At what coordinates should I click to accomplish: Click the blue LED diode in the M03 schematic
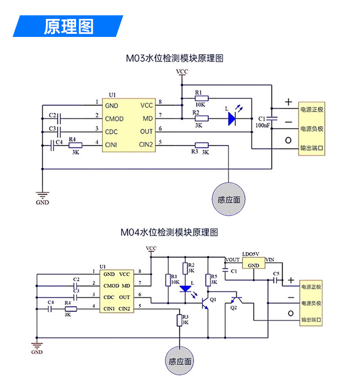232,118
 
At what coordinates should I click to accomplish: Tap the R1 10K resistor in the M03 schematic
202,99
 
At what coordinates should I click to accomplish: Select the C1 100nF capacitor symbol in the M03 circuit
272,118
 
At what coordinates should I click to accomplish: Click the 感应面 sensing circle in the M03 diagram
229,199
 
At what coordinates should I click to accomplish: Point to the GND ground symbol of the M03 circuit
42,195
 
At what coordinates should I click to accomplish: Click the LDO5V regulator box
254,263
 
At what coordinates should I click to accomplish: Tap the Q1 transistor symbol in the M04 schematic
205,303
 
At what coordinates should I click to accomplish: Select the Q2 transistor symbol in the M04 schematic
236,300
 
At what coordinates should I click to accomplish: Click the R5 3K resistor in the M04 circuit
208,280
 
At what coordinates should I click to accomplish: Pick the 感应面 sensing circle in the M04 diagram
180,361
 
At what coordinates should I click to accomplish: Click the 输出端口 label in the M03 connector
312,148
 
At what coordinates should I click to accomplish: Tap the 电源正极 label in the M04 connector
311,287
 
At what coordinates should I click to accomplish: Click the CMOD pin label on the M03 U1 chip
114,119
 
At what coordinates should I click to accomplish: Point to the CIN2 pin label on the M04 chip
124,308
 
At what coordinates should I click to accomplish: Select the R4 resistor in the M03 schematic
76,145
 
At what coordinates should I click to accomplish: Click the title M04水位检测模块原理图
169,232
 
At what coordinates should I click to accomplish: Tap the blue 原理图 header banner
68,26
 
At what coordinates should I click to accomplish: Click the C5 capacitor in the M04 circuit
275,280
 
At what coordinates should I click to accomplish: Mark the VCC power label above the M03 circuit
182,72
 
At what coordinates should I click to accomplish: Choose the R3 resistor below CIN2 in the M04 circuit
180,320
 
